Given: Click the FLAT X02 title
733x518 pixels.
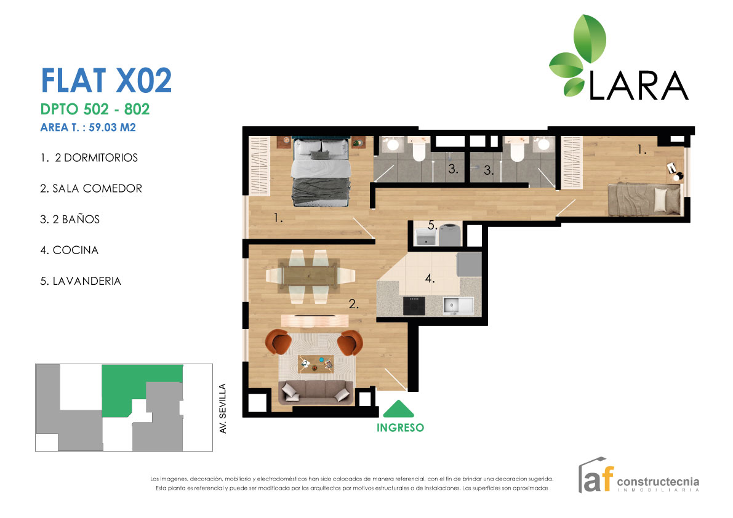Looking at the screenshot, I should pyautogui.click(x=105, y=81).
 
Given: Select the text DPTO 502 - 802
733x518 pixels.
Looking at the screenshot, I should pyautogui.click(x=95, y=110).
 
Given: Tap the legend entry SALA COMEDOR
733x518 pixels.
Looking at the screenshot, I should pyautogui.click(x=91, y=189).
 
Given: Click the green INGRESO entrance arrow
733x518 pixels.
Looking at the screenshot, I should pyautogui.click(x=399, y=410).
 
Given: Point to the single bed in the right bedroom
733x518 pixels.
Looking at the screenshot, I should pyautogui.click(x=643, y=199).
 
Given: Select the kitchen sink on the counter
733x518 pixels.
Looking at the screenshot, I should pyautogui.click(x=457, y=305).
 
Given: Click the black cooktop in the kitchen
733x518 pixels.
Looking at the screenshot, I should pyautogui.click(x=414, y=305).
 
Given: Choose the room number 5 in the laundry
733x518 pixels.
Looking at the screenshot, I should pyautogui.click(x=432, y=226).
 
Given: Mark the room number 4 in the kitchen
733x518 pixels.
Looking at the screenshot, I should pyautogui.click(x=430, y=279).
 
